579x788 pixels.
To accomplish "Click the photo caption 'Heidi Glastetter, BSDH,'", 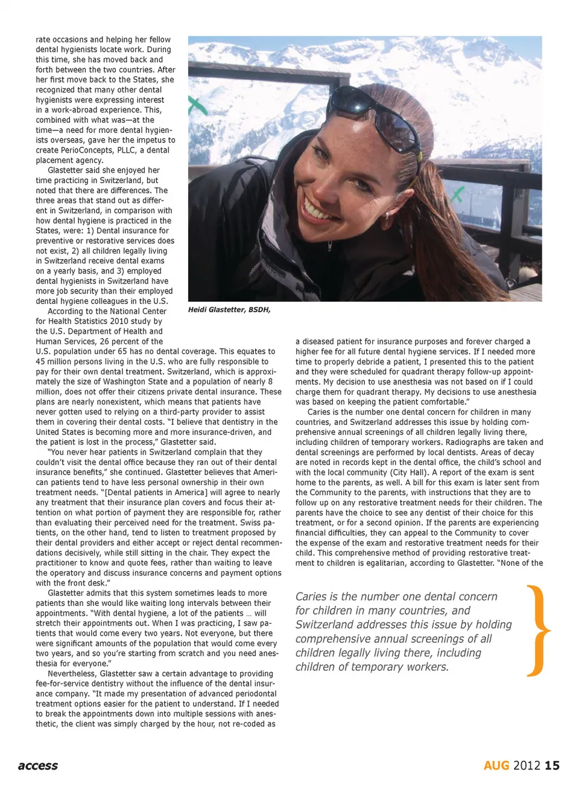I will (229, 310).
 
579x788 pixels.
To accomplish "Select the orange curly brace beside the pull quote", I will (538, 631).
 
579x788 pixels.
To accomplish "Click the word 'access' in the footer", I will (38, 766).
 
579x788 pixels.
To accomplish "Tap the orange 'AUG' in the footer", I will (496, 766).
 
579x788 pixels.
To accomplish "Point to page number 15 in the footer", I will (552, 766).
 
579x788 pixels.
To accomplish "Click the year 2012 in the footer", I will (527, 766).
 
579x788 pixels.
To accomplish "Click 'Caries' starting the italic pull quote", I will (311, 597).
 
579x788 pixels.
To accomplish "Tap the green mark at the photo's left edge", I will (197, 106).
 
